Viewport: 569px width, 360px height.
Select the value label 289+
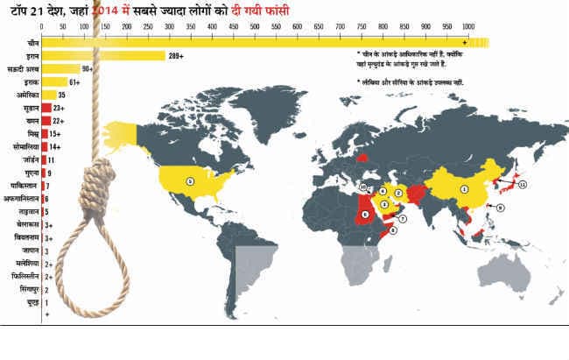pos(178,55)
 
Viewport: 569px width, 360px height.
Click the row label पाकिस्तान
pos(21,186)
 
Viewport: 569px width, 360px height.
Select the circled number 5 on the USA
pos(189,181)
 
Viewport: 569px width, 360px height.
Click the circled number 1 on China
pos(465,188)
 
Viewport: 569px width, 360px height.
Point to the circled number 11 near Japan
pos(523,185)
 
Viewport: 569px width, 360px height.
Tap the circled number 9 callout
pos(502,208)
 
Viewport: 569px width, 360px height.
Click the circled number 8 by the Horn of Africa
pos(393,229)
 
